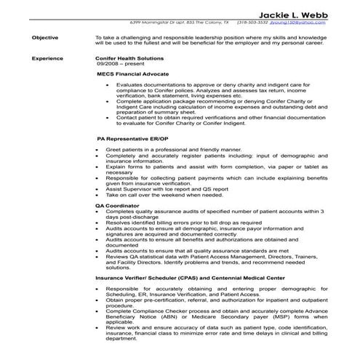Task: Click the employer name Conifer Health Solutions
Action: (129, 58)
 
